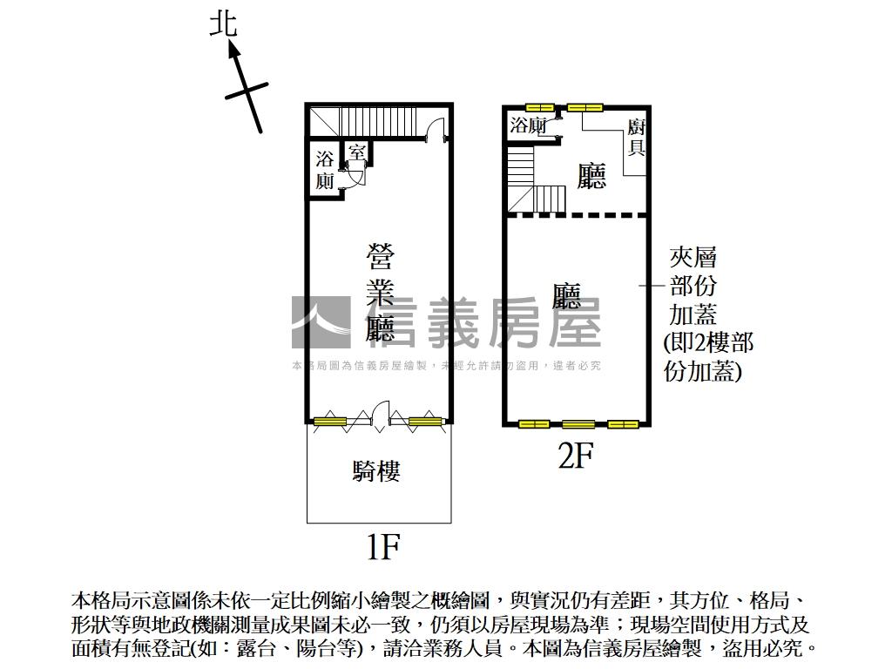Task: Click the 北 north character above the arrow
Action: click(223, 23)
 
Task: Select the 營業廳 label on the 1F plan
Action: click(380, 293)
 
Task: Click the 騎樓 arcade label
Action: click(376, 471)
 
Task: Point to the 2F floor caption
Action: click(575, 455)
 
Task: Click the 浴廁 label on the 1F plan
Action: click(324, 170)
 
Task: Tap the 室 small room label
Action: click(356, 151)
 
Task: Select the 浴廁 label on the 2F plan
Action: click(528, 125)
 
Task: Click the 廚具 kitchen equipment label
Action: click(636, 138)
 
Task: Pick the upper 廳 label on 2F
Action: click(591, 177)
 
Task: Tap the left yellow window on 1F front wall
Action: click(330, 422)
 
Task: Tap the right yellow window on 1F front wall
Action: click(425, 422)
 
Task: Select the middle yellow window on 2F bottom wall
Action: click(578, 425)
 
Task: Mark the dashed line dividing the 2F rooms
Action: click(577, 214)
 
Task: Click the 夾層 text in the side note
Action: click(693, 257)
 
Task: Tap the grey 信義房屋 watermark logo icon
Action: click(320, 321)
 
